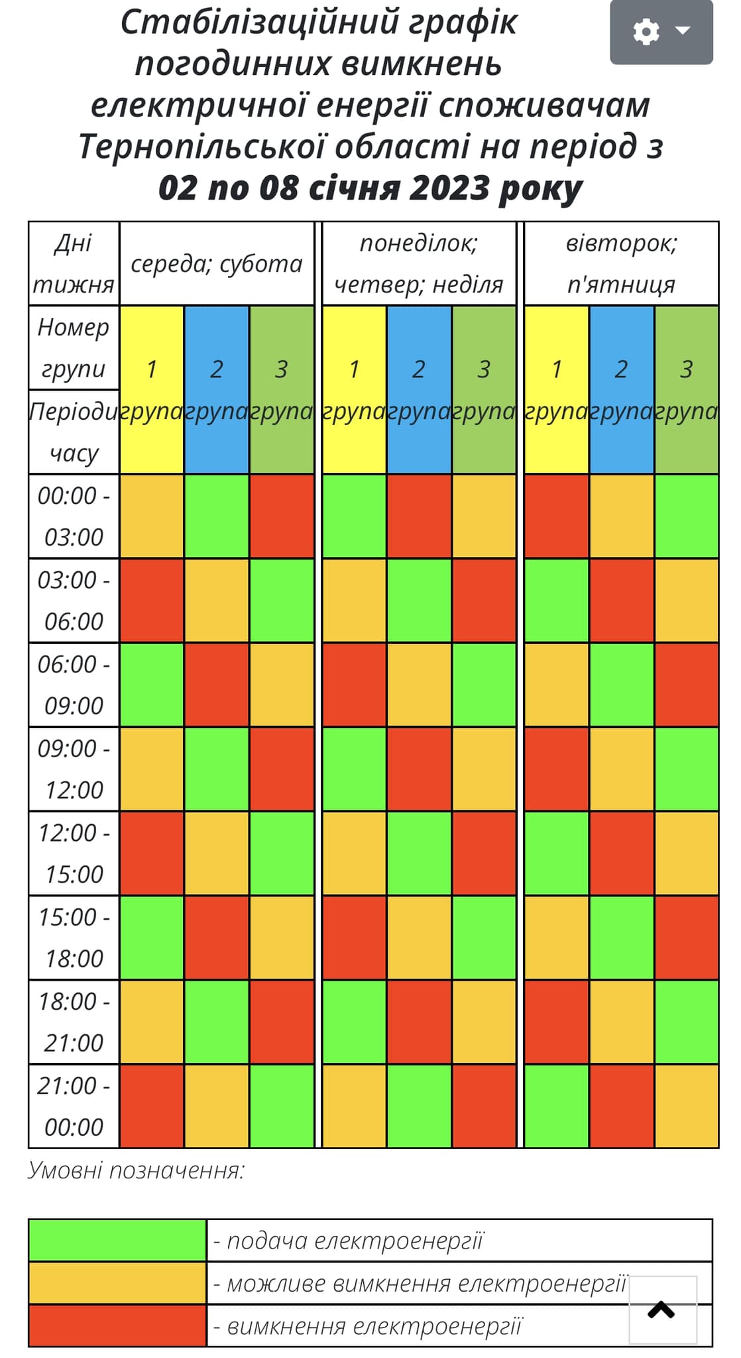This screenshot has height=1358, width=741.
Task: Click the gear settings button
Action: pos(661,32)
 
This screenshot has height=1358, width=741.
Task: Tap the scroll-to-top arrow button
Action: pos(661,1310)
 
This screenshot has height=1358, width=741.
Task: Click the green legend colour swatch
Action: pos(117,1240)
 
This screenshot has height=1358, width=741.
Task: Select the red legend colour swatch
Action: pos(117,1326)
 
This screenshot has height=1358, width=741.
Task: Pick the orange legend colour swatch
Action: pos(117,1283)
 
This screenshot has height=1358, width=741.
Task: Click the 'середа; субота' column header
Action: pos(217,264)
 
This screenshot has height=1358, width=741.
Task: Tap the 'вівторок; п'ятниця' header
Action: pos(621,264)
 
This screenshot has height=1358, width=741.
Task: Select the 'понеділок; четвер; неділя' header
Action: pos(419,264)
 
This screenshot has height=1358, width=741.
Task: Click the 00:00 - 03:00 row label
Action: pos(74,516)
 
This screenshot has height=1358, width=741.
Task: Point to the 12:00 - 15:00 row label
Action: pos(74,853)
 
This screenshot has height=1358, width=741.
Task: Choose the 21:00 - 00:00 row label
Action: pos(74,1106)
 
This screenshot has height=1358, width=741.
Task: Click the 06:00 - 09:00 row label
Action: pos(74,684)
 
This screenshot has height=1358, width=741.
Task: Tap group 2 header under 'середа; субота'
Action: pos(217,389)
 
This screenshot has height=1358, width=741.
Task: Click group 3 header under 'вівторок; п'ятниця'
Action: pos(686,389)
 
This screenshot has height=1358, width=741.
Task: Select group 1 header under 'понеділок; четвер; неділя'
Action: pos(354,389)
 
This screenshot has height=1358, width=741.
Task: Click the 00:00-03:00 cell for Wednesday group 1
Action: pos(152,516)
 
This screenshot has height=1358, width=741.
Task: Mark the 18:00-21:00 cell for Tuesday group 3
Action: pos(686,1022)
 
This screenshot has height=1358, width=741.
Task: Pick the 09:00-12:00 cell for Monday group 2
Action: pos(419,769)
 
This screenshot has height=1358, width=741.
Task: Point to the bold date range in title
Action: pos(370,188)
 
